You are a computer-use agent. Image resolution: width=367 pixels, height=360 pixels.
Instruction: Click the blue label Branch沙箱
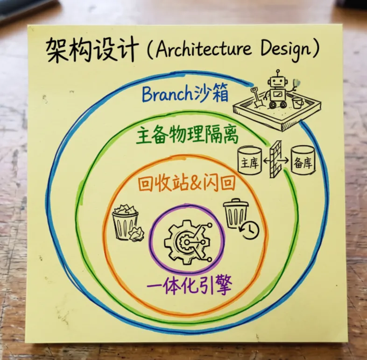coord(185,94)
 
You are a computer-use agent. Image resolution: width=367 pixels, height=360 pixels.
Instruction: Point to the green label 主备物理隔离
coord(187,135)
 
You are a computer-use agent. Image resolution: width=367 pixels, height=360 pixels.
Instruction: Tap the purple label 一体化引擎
coord(189,285)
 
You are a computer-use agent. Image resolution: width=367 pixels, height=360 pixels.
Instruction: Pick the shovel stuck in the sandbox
coord(257,97)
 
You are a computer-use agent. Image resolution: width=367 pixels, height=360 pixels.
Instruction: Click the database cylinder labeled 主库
coord(249,161)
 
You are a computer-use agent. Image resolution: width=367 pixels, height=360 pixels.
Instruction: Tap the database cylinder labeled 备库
coord(303,161)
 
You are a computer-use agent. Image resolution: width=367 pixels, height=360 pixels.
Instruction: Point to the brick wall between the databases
coord(276,159)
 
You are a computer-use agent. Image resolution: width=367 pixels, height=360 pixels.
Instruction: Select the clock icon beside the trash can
coord(250,230)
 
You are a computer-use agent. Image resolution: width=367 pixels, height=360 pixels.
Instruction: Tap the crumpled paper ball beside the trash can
coord(136,234)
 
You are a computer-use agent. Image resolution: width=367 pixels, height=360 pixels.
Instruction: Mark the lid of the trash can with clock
coord(236,203)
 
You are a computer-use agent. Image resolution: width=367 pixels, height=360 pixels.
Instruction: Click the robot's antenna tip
coord(278,71)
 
